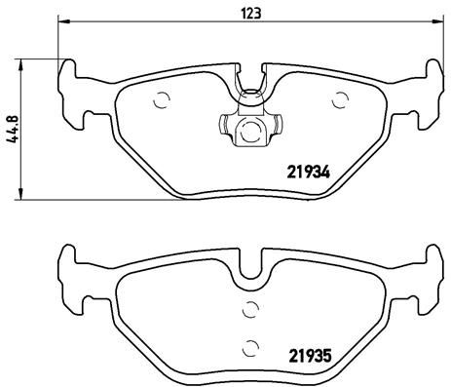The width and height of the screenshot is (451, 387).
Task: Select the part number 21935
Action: (x=311, y=355)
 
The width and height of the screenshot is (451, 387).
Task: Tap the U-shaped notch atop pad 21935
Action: (x=251, y=261)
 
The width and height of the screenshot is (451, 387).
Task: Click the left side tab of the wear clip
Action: (x=222, y=127)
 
